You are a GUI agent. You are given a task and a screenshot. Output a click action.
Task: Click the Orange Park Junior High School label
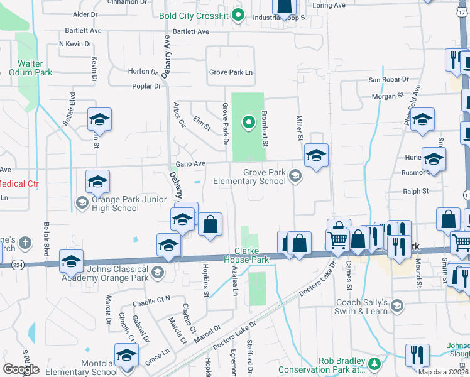pos(115,204)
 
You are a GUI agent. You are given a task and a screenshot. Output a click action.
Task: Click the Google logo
pos(21,369)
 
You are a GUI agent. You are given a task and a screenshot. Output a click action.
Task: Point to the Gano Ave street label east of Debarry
pos(190,164)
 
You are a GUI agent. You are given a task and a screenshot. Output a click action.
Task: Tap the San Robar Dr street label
pos(388,80)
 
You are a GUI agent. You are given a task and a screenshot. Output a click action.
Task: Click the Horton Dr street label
pos(143,72)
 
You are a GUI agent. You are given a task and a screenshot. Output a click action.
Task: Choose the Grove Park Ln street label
pos(231,72)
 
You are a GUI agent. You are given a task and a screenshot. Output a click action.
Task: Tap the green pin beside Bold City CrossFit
pos(238,15)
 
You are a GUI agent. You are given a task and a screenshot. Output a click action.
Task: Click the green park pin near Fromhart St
pos(248,122)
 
